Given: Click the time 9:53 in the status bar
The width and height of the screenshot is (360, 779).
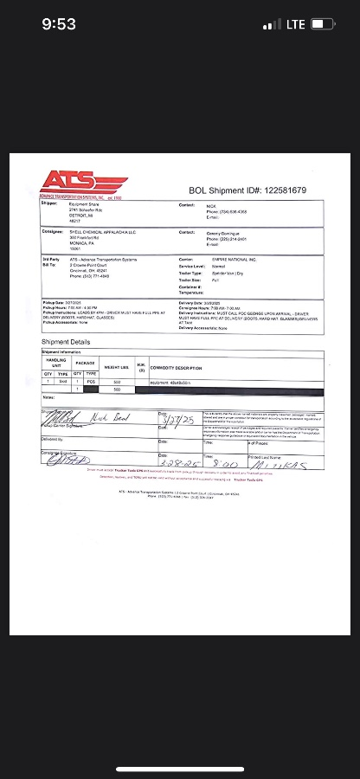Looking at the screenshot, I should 59,24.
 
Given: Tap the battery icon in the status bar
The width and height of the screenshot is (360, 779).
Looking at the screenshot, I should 323,24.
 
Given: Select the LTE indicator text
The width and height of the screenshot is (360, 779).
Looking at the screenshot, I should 295,24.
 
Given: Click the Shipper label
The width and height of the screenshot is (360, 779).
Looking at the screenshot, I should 49,204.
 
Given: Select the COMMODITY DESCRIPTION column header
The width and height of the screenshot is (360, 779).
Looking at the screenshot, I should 177,368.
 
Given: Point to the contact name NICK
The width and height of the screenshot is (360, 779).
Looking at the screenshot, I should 210,205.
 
